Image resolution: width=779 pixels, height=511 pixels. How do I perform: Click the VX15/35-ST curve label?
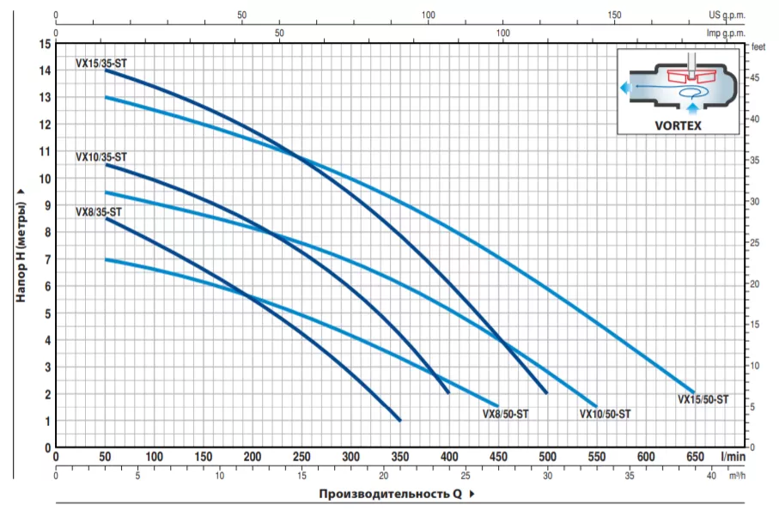point(100,63)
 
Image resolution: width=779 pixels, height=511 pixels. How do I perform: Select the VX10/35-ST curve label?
point(100,157)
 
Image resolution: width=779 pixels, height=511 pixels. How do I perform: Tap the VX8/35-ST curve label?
point(98,211)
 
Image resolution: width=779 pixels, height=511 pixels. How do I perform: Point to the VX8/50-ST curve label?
point(505,413)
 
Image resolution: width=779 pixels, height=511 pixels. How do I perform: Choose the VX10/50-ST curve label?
point(605,413)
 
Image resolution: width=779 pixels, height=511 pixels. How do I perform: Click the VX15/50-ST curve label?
point(703,398)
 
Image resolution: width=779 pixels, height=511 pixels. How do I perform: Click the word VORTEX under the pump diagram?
point(679,125)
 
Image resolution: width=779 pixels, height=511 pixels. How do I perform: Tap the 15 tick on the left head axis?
point(45,44)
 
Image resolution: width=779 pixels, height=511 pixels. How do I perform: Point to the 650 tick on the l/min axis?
point(695,458)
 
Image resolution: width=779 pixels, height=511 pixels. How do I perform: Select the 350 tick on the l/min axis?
point(399,458)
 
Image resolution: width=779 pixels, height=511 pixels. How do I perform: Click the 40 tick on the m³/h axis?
point(711,475)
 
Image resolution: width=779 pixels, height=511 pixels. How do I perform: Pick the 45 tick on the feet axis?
point(756,77)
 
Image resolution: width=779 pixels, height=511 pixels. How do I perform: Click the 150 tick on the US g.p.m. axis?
point(614,15)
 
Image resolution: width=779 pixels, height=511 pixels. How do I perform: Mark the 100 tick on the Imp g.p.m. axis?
point(503,33)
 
